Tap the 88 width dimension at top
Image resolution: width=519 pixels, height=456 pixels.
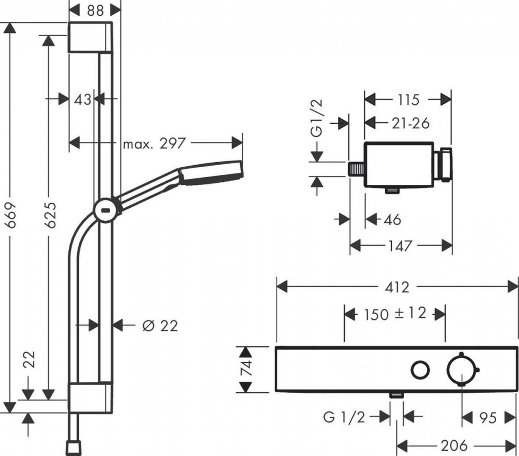click(94, 10)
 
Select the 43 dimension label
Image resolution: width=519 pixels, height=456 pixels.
click(82, 99)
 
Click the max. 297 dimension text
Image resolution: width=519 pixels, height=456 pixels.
click(154, 144)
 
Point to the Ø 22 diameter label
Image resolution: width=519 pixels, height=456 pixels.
click(160, 326)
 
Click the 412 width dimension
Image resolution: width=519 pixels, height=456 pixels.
click(397, 287)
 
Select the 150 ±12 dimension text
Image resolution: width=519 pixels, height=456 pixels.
click(395, 314)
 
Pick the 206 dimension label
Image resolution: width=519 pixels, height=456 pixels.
click(454, 445)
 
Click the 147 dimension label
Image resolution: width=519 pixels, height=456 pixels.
click(401, 246)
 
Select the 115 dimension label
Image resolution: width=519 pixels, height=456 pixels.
click(409, 99)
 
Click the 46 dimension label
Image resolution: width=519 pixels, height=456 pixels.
click(391, 220)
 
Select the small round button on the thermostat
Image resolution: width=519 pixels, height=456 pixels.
click(419, 370)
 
